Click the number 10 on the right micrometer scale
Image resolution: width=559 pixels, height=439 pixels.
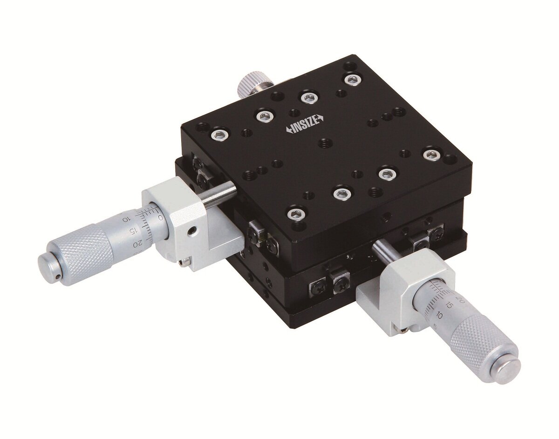[439, 315]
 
